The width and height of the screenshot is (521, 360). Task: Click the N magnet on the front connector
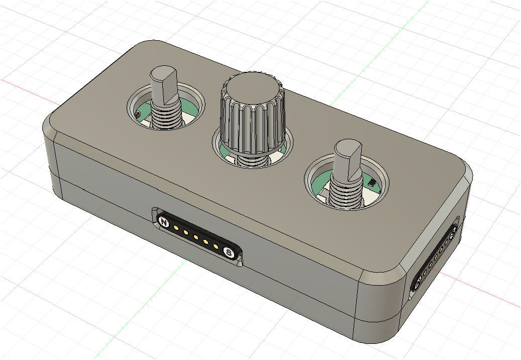(x=163, y=221)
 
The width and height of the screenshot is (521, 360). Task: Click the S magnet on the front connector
(x=229, y=252)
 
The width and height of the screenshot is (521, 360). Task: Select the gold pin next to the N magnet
(x=176, y=228)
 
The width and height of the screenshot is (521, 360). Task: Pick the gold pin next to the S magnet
(x=216, y=246)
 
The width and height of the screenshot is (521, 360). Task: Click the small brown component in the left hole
(x=138, y=116)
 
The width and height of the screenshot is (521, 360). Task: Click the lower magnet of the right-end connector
(x=416, y=285)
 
